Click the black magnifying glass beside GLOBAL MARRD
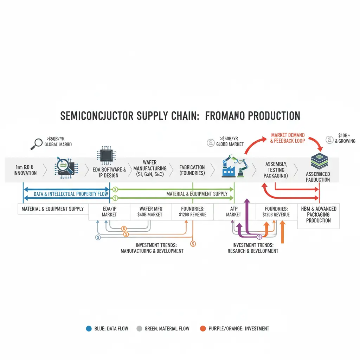click(36, 143)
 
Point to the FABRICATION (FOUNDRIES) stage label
click(192, 170)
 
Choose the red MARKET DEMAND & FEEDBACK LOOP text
click(288, 138)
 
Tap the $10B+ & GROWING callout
click(345, 138)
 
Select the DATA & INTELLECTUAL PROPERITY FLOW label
click(66, 194)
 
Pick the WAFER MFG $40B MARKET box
click(150, 211)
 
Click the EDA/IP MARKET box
click(109, 211)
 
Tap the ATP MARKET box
click(233, 211)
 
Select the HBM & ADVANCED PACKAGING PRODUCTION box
click(319, 214)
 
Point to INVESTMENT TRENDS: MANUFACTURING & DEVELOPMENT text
click(152, 248)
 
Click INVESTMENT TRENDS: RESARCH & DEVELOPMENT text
click(253, 248)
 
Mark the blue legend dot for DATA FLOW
click(89, 328)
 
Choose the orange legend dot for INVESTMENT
click(202, 328)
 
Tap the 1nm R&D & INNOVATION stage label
click(25, 170)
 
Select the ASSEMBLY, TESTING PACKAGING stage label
click(276, 169)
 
